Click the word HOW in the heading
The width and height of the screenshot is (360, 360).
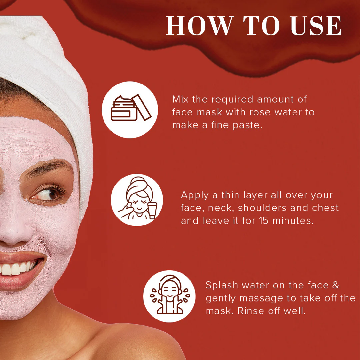(200, 26)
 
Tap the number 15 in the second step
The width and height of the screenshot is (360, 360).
(264, 221)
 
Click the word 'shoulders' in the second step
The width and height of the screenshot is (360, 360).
(262, 208)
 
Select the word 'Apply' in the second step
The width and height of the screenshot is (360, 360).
(195, 196)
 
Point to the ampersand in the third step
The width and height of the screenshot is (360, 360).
(335, 285)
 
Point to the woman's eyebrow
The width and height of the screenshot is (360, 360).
(48, 168)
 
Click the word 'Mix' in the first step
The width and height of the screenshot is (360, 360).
(180, 99)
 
